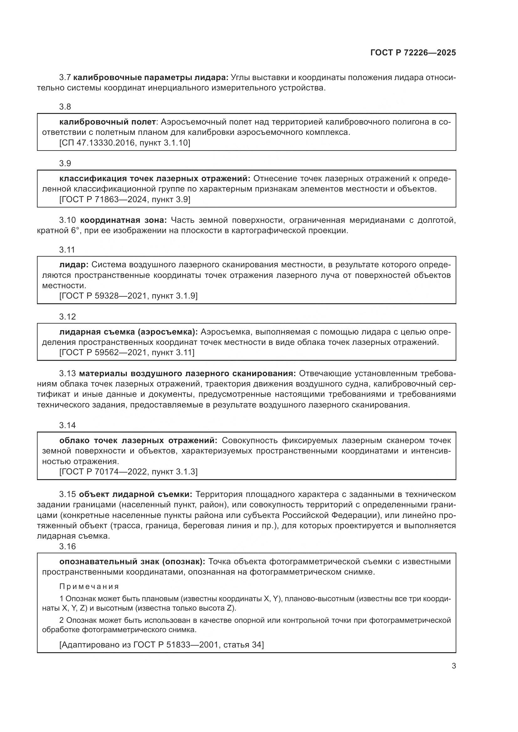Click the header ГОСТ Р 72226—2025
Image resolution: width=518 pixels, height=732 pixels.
click(413, 53)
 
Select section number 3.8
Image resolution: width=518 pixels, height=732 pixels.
click(65, 107)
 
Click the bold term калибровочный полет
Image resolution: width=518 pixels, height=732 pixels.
click(107, 122)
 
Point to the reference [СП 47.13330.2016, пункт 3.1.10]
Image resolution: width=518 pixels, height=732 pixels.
click(125, 143)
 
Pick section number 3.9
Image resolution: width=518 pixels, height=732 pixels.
click(65, 163)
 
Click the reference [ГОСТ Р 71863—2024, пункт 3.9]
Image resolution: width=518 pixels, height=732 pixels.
click(125, 200)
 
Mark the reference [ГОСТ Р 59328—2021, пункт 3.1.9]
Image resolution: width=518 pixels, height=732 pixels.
click(128, 296)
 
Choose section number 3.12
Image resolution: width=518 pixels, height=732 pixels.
click(67, 317)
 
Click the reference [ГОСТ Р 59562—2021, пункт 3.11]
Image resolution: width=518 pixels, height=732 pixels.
click(127, 352)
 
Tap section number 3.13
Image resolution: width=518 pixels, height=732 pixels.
click(67, 373)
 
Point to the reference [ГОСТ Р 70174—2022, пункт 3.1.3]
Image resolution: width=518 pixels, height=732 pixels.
click(128, 472)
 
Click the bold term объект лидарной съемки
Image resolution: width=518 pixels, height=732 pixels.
click(136, 494)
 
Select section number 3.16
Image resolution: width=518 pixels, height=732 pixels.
click(67, 546)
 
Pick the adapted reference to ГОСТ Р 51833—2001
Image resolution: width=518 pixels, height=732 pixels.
click(161, 645)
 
